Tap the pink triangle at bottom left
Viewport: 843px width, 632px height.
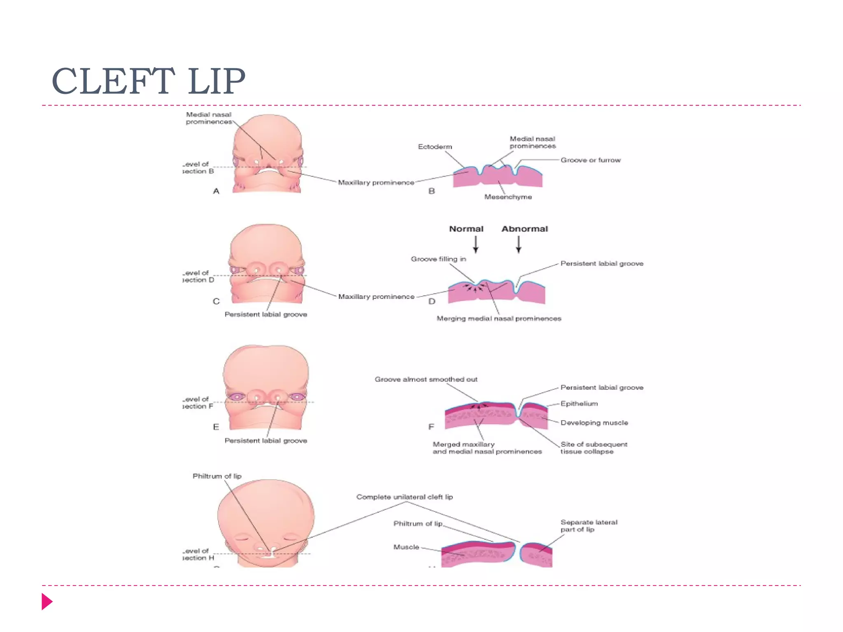point(47,602)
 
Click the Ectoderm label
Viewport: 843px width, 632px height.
point(435,147)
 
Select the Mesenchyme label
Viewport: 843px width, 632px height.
point(508,197)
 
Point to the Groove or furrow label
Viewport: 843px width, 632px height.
point(590,160)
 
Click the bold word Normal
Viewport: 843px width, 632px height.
point(466,229)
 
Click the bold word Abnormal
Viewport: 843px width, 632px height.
point(524,229)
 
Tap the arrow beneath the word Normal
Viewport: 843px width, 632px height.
point(476,245)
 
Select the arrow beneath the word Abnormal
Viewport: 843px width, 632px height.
point(519,245)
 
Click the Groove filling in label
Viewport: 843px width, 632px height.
point(438,259)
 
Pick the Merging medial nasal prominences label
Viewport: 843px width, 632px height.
point(498,318)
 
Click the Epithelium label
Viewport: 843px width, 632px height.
point(579,404)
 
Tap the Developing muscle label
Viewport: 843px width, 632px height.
point(594,423)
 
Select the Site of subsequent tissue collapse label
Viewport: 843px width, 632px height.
point(594,448)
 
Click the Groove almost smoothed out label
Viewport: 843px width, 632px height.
point(426,379)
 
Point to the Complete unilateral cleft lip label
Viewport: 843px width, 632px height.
point(404,497)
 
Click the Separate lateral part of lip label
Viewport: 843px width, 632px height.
point(589,526)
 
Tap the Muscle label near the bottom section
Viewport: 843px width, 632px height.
point(406,547)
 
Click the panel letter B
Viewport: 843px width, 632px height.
point(431,191)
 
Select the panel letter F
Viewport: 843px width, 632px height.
point(431,427)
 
